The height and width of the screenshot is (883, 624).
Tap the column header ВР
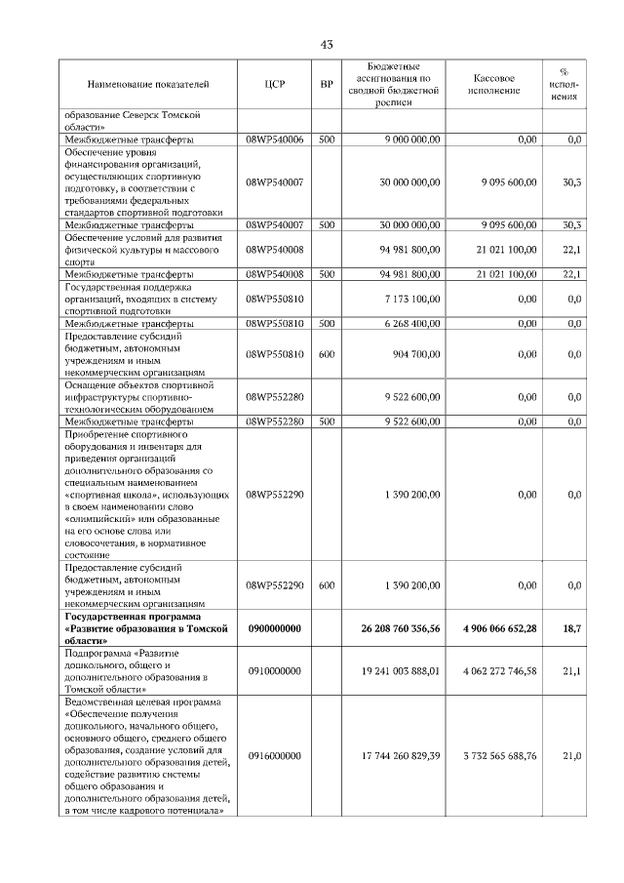327,85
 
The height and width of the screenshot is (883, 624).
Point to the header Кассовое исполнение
494,85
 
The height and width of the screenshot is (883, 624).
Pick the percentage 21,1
573,671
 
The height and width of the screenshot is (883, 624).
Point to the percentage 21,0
573,755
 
